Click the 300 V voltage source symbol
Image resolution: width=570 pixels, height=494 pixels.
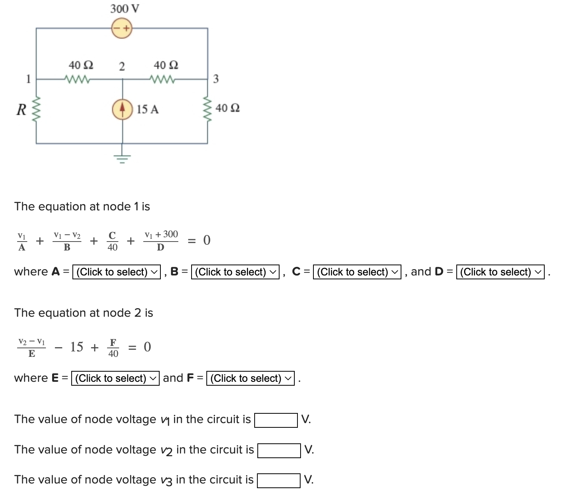(x=122, y=28)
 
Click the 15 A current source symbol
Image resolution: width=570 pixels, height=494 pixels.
(x=122, y=109)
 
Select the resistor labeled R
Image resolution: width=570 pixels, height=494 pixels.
(x=37, y=109)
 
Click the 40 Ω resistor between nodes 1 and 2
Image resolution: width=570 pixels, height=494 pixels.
(x=79, y=79)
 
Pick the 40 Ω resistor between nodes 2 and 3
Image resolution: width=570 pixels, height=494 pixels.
(x=164, y=79)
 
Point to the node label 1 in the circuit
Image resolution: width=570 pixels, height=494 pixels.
(x=28, y=79)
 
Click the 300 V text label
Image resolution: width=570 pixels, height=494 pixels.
(x=125, y=9)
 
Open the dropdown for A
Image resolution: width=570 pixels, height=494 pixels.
(x=116, y=272)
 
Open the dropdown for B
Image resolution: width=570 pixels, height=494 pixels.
(x=235, y=272)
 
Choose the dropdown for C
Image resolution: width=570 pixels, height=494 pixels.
(x=357, y=272)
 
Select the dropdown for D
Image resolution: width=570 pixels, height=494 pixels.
(x=500, y=272)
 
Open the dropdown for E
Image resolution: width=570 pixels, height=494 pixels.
(x=115, y=378)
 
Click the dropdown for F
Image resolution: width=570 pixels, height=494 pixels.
(x=250, y=378)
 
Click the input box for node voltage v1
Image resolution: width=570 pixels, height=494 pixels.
(x=276, y=420)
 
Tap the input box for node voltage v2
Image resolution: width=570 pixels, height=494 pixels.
(x=279, y=450)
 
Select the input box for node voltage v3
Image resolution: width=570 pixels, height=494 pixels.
(x=279, y=480)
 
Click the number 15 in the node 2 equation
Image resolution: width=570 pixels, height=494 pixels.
(x=77, y=347)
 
